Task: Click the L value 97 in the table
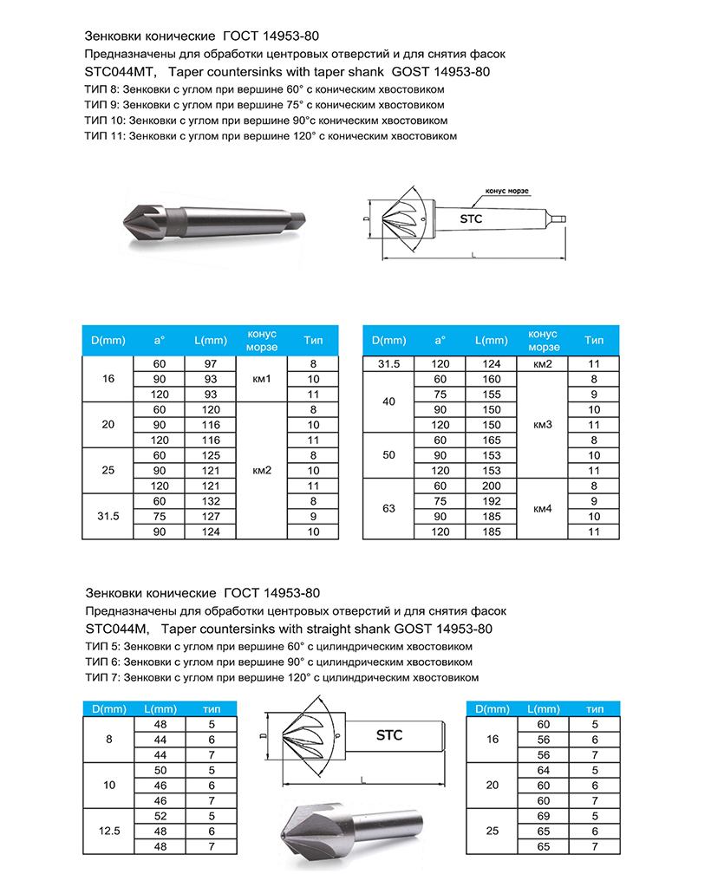click(x=210, y=364)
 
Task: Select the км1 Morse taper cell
click(x=262, y=380)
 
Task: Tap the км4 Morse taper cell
click(x=542, y=509)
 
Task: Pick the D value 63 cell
click(x=388, y=509)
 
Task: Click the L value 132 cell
click(x=210, y=501)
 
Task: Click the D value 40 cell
click(x=388, y=402)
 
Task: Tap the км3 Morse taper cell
click(x=542, y=425)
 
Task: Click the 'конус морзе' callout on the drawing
click(x=507, y=191)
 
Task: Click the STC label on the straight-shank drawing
click(x=389, y=735)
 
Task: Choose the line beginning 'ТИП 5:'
click(x=278, y=646)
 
